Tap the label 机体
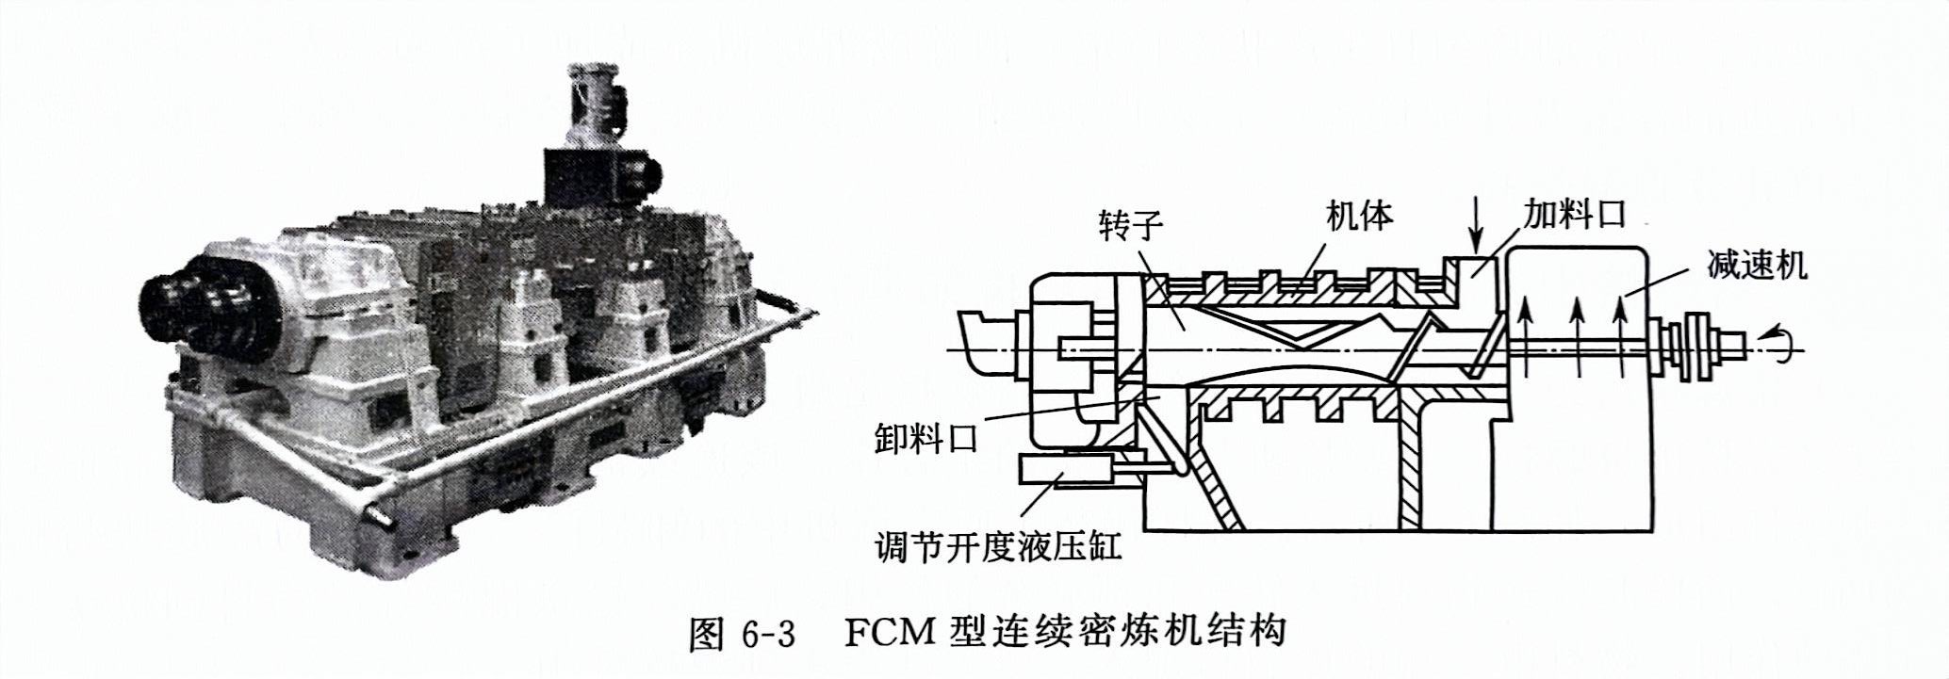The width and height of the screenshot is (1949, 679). [1359, 216]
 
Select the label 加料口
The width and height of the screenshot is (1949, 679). [1576, 214]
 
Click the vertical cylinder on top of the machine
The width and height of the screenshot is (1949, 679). [594, 106]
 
